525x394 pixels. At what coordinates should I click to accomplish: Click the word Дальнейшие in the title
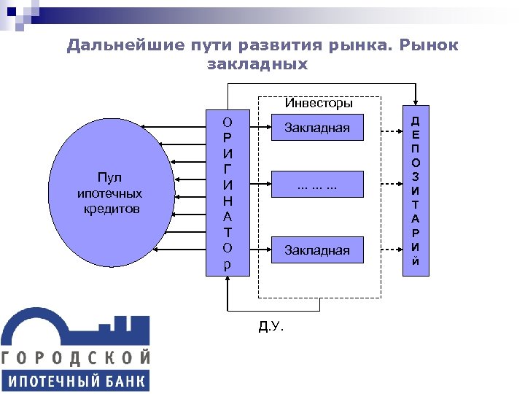coord(110,46)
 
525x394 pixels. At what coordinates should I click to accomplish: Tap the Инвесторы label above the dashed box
coord(319,103)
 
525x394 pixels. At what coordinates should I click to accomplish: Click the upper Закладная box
coord(317,129)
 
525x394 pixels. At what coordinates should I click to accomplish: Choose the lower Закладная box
coord(317,250)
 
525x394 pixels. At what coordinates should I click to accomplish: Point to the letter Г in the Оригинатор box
coord(228,168)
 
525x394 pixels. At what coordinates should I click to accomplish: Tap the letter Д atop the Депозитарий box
coord(416,120)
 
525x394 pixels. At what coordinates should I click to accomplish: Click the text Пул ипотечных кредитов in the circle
coord(109,193)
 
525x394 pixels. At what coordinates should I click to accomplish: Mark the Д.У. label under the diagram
coord(271,325)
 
